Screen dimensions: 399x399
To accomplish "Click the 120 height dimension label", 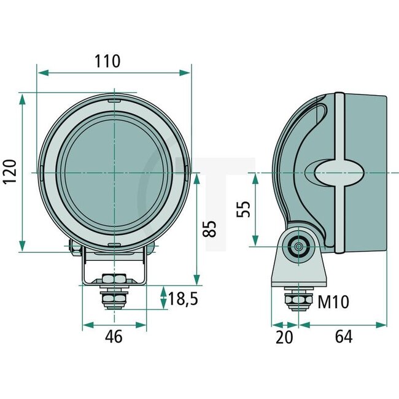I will click(x=9, y=173).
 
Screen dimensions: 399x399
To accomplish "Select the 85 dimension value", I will click(x=210, y=229).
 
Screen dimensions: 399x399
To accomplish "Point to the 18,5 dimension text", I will click(x=184, y=300).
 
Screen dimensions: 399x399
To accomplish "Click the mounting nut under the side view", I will click(x=298, y=298).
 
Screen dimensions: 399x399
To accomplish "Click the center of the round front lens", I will click(x=115, y=174).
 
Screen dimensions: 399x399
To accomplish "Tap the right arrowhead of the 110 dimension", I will click(x=187, y=72).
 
